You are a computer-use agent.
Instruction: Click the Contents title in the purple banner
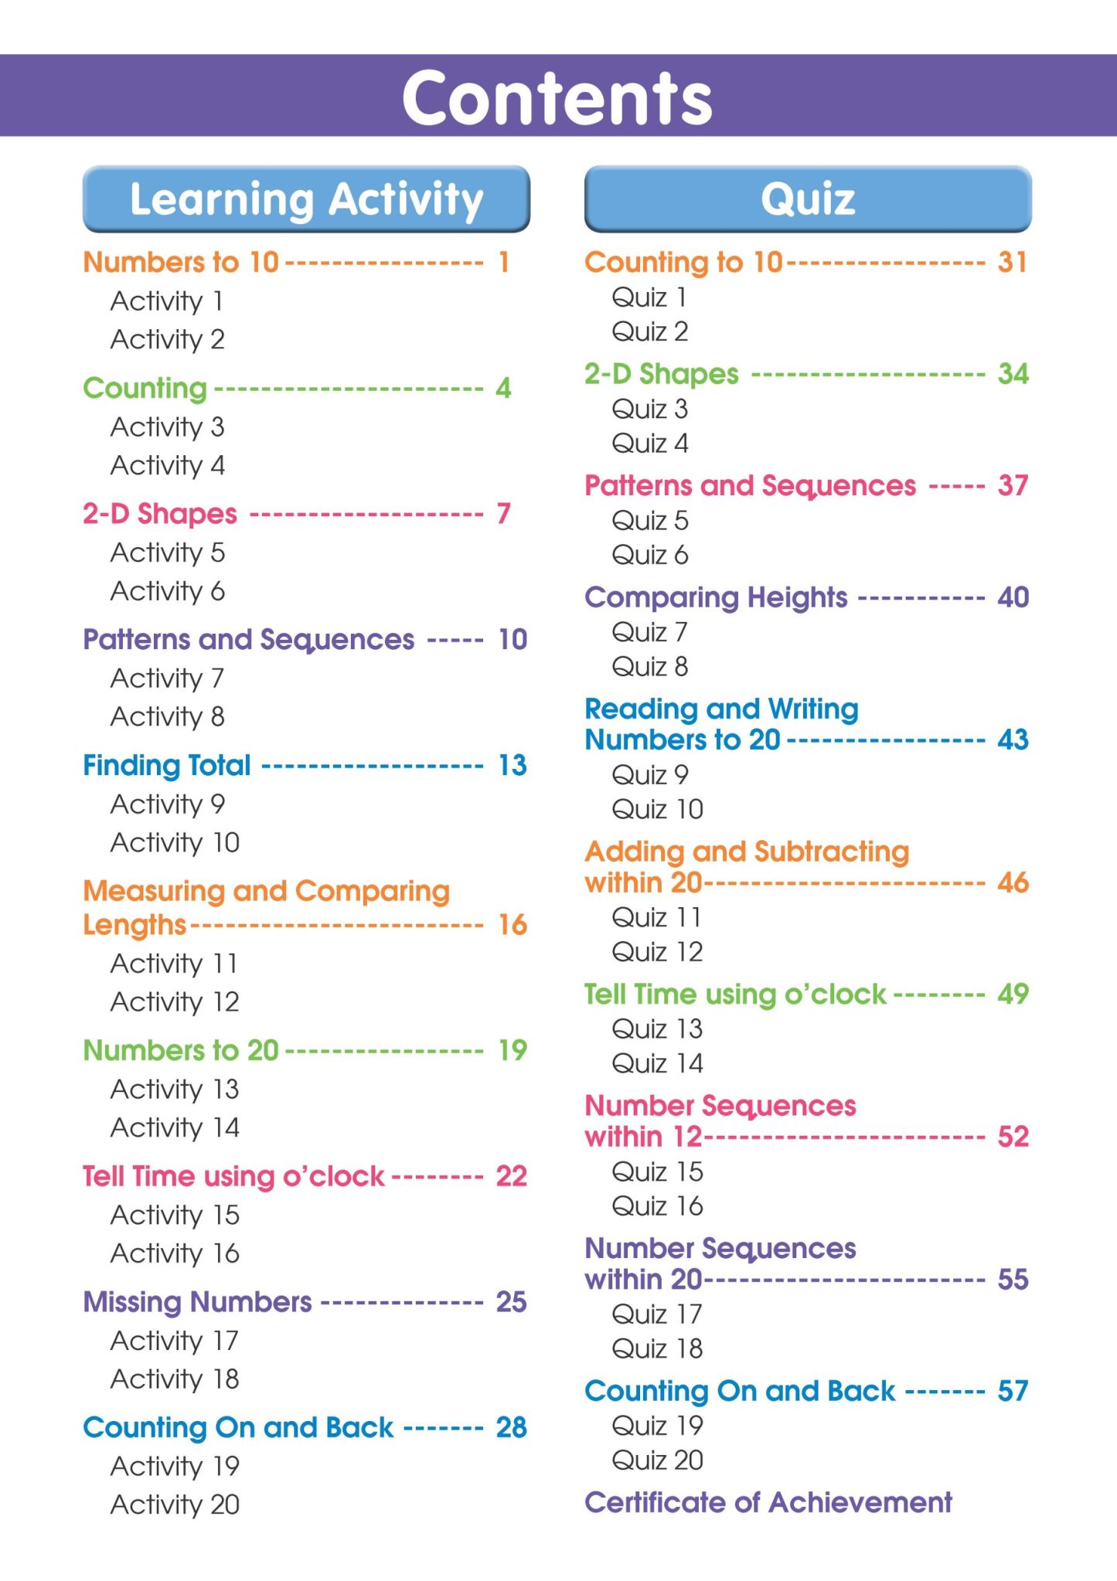point(557,97)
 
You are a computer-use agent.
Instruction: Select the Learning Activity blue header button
point(306,199)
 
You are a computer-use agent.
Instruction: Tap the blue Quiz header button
point(808,199)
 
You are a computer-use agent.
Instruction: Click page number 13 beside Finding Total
point(512,765)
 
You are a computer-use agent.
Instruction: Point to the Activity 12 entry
point(175,1002)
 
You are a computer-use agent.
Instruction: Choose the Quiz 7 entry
point(649,632)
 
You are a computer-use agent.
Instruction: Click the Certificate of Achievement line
point(768,1502)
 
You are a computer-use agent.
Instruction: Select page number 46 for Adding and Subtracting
point(1013,882)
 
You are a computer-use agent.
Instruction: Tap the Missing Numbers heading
point(197,1302)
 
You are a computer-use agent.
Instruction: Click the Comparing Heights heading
point(716,597)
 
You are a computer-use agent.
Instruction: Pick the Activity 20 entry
point(175,1504)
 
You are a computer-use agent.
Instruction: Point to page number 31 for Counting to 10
point(1012,262)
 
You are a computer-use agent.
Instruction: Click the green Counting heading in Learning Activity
point(145,388)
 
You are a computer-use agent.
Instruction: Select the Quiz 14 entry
point(657,1063)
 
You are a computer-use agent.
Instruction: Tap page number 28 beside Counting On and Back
point(511,1427)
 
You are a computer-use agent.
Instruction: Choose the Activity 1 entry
point(167,301)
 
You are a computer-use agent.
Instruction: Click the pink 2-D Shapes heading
point(160,514)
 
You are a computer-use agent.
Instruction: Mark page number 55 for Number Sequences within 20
point(1013,1279)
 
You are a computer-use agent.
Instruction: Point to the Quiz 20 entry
point(657,1460)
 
